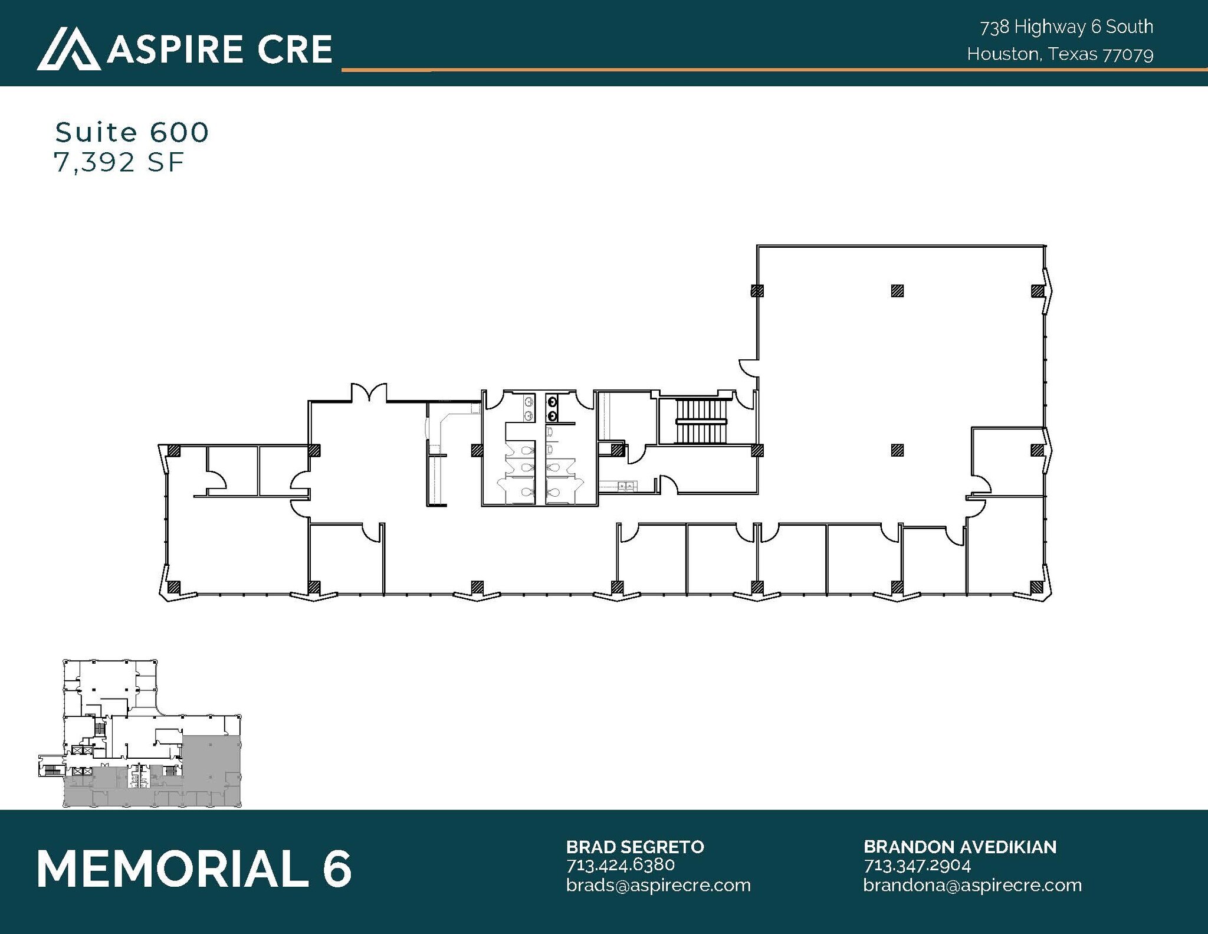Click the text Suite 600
pos(132,132)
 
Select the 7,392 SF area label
pos(119,162)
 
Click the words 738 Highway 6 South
pos(1066,27)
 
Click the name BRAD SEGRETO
pos(635,847)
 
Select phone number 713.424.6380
pos(620,865)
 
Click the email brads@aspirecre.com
pos(658,885)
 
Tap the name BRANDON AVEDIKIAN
pos(960,847)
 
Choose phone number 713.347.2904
pos(917,866)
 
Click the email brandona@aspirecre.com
pos(972,885)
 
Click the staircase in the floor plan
pos(701,421)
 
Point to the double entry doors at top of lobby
pos(369,392)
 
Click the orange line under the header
pos(767,70)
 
